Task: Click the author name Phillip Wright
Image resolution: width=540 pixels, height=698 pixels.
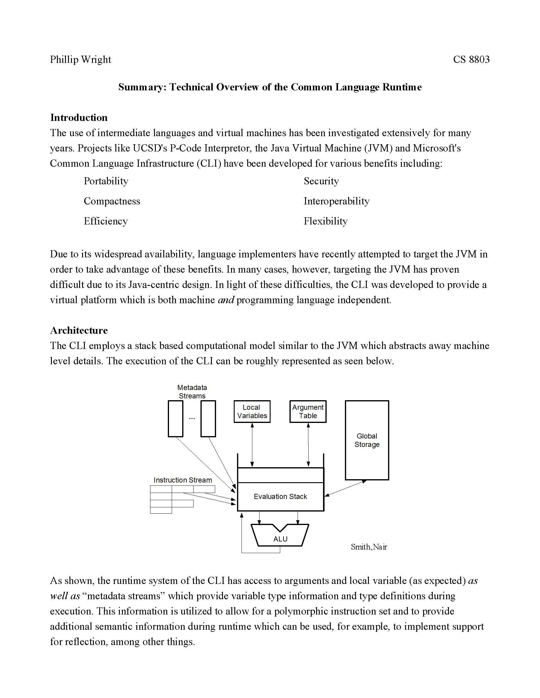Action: (x=80, y=60)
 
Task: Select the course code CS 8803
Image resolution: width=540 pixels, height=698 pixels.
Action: (x=471, y=60)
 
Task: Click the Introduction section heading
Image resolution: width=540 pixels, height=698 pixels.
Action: (x=79, y=118)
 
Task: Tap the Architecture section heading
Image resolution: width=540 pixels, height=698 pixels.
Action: (x=79, y=330)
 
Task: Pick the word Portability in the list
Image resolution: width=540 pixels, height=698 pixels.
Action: (x=106, y=181)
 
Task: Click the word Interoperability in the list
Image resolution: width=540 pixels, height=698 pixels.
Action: (x=336, y=201)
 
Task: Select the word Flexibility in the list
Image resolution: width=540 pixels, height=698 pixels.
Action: (x=325, y=221)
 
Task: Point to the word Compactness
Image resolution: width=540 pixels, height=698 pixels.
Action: (x=112, y=201)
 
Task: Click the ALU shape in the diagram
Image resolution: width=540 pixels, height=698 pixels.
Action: (x=280, y=538)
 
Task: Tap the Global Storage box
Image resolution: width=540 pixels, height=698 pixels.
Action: (x=366, y=440)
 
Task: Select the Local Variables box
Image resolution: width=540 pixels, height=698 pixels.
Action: (x=252, y=411)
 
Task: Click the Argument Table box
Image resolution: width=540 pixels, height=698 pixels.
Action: (x=308, y=411)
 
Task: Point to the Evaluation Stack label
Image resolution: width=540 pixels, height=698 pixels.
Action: (x=280, y=496)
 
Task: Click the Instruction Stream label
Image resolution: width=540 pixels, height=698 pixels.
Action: (x=183, y=480)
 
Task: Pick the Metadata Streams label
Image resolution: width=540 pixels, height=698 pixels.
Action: (x=192, y=392)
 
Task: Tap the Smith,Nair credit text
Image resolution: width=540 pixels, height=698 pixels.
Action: (x=369, y=547)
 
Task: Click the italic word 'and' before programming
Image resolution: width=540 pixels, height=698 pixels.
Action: (x=226, y=300)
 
